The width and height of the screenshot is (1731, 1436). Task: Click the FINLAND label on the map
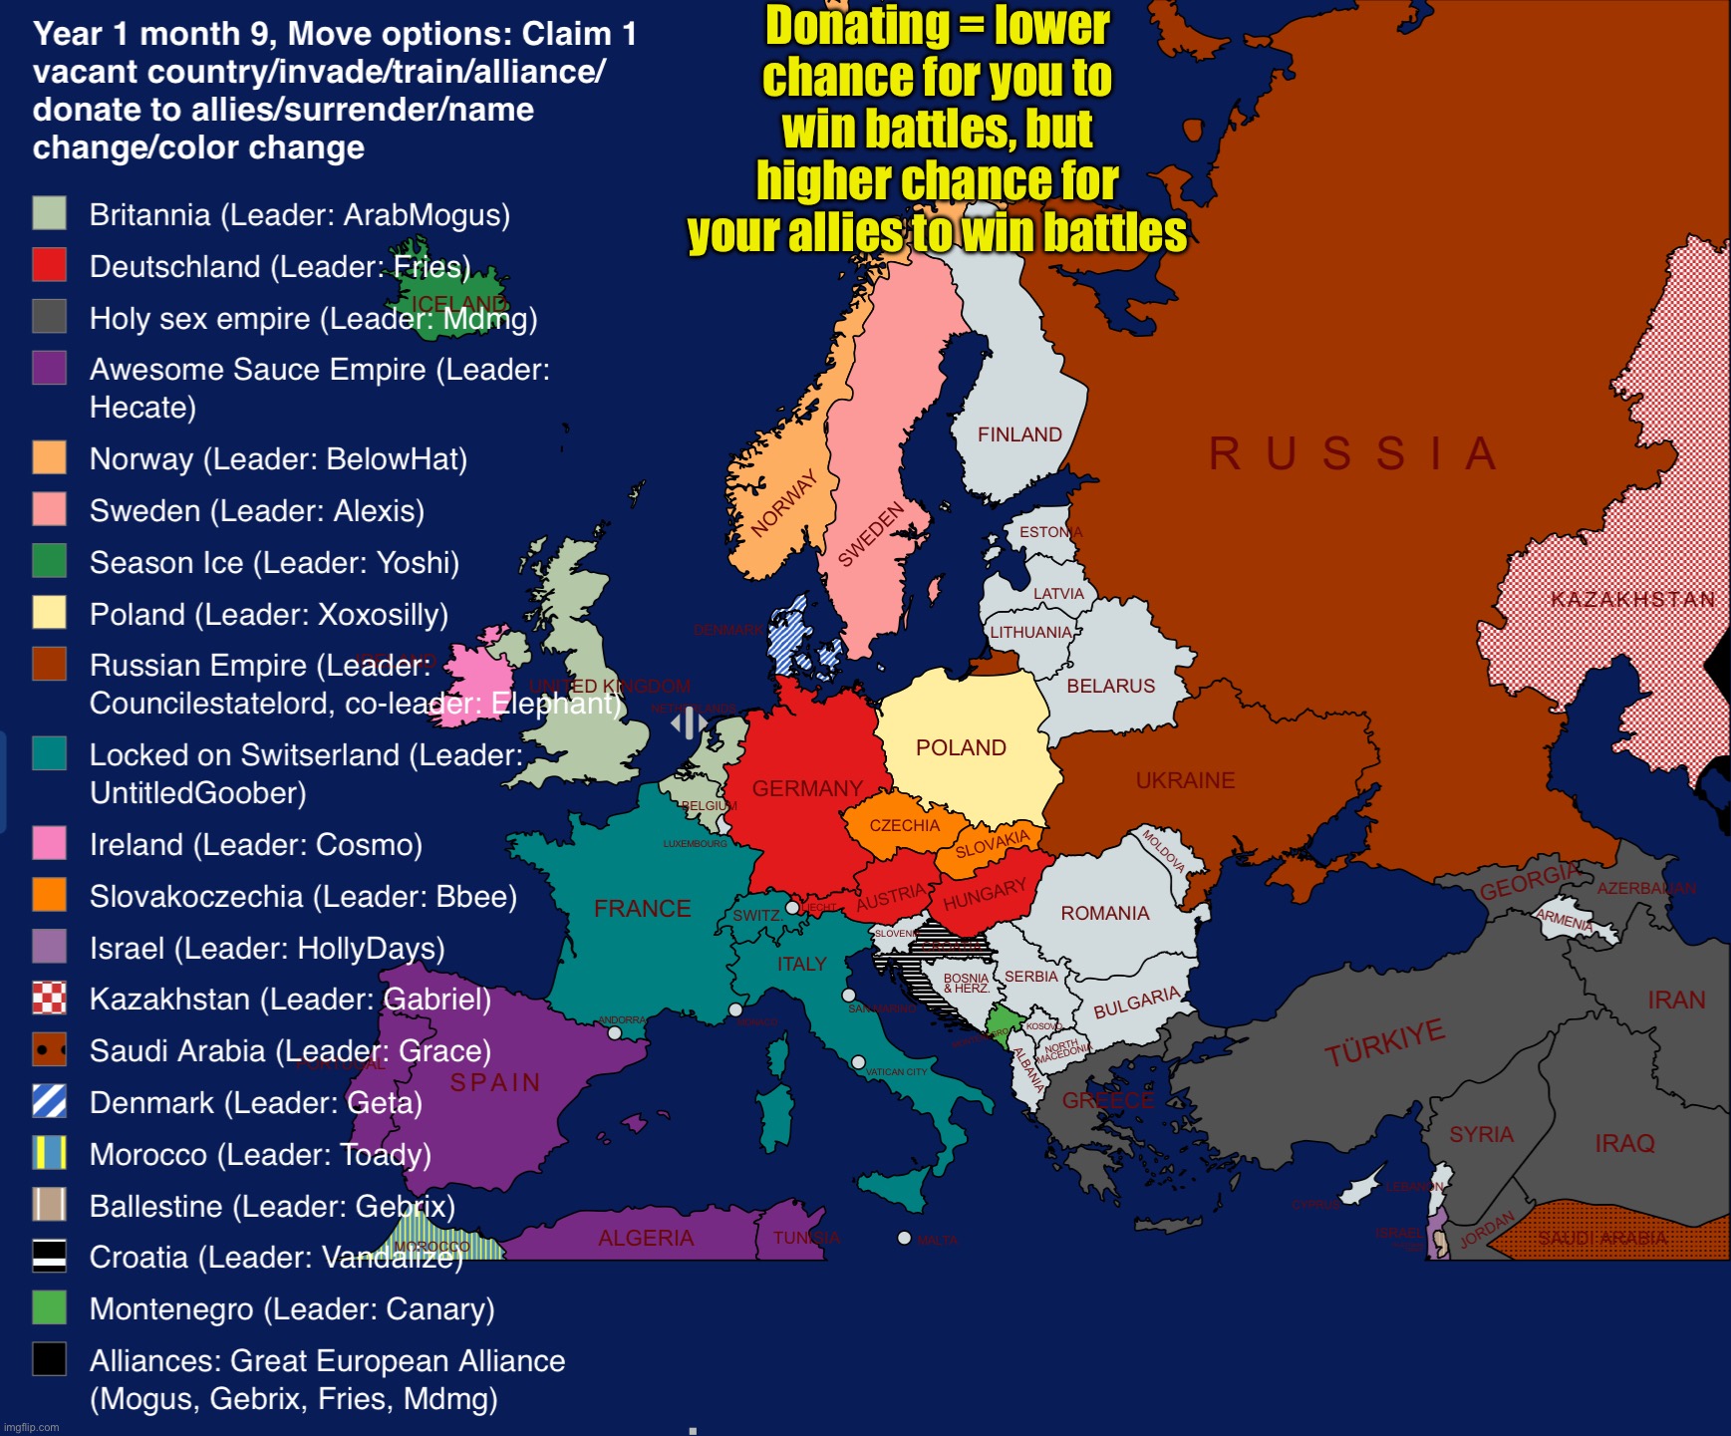click(x=1019, y=434)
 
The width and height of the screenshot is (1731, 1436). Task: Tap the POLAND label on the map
click(x=961, y=747)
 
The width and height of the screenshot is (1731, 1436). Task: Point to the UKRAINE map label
click(x=1185, y=780)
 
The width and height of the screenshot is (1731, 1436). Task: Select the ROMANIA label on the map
click(x=1104, y=913)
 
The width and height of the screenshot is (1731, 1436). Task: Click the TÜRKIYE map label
click(x=1384, y=1042)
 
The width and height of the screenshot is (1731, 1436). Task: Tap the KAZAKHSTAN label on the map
click(x=1632, y=599)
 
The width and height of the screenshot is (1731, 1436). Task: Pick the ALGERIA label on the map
click(x=646, y=1238)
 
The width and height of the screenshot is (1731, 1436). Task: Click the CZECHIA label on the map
click(x=904, y=825)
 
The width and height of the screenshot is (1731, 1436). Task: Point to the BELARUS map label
click(x=1110, y=686)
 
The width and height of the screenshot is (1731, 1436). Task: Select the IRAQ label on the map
click(x=1624, y=1143)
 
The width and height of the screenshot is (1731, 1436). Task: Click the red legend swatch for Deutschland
click(x=50, y=265)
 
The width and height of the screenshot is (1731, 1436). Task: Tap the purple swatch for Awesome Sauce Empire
click(x=50, y=368)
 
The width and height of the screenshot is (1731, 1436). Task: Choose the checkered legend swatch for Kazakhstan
click(x=50, y=998)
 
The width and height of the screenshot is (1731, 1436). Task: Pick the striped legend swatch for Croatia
click(x=50, y=1256)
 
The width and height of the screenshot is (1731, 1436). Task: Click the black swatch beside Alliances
click(x=50, y=1358)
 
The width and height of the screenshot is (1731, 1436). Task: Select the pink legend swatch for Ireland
click(x=50, y=843)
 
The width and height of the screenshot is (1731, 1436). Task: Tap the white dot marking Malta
click(x=904, y=1238)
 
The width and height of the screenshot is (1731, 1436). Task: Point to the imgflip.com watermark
click(x=32, y=1427)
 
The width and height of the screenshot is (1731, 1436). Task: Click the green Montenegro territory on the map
click(x=1003, y=1020)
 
